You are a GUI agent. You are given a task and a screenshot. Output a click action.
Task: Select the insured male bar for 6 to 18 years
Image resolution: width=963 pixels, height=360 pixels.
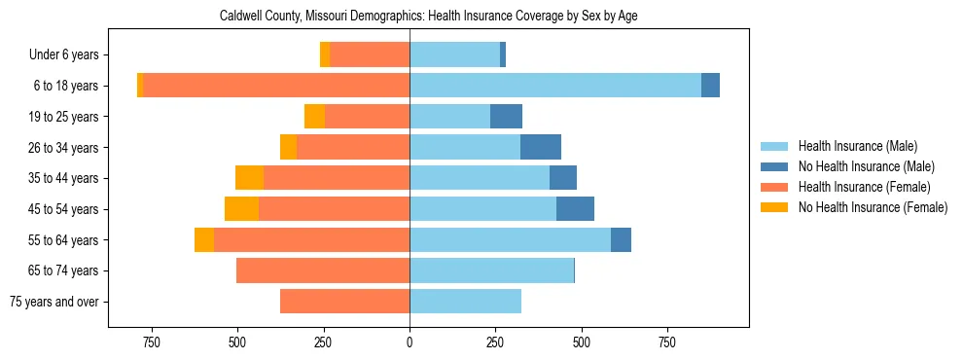[554, 86]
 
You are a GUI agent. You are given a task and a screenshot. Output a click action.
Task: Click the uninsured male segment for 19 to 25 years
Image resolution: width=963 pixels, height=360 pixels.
[506, 117]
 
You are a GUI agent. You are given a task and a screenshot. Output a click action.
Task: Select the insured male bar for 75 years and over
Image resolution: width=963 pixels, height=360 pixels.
[465, 302]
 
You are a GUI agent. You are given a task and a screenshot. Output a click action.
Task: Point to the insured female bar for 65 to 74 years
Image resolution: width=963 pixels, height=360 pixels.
[323, 270]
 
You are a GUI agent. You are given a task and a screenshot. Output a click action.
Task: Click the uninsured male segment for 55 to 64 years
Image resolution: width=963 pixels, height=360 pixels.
[621, 240]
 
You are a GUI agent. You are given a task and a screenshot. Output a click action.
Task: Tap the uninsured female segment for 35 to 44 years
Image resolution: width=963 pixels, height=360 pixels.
[250, 178]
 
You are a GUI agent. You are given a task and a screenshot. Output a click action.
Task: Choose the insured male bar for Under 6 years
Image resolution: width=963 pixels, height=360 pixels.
[454, 54]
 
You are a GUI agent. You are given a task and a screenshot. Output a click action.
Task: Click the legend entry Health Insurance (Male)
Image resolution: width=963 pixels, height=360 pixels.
[857, 146]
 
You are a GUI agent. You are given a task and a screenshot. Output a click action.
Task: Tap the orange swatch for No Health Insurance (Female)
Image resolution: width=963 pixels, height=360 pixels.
[774, 207]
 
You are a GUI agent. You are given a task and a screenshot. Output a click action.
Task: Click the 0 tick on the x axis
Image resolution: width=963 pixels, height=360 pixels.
[410, 342]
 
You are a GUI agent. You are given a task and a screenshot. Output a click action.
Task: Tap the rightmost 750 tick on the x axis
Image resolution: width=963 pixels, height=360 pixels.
[667, 342]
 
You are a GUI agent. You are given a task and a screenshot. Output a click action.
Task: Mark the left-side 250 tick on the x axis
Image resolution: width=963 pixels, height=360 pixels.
[323, 342]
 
